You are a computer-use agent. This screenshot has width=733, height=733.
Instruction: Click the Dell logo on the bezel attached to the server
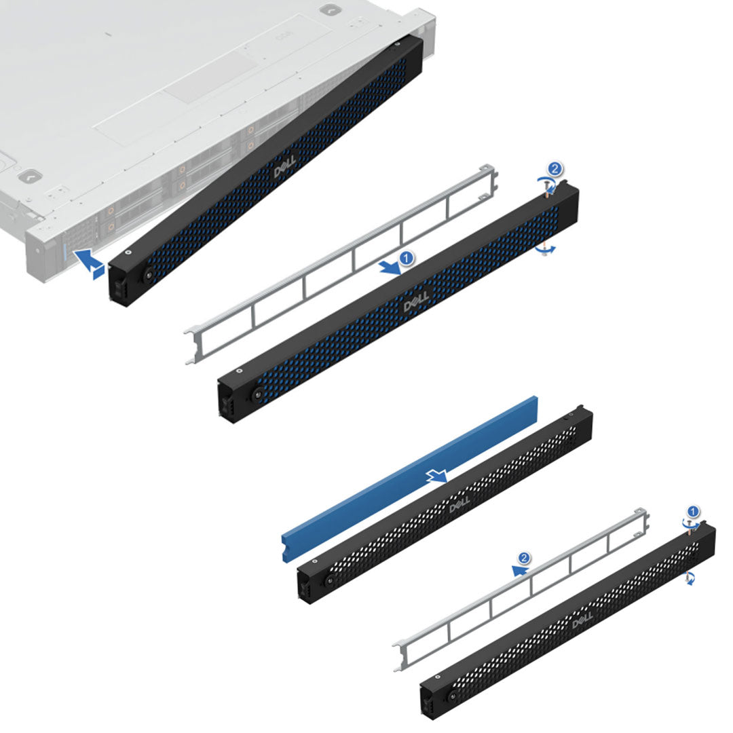[x=285, y=170]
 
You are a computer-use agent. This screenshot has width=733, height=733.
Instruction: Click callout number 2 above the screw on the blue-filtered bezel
[x=555, y=168]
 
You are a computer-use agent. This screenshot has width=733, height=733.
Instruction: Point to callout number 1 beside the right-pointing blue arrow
[x=406, y=259]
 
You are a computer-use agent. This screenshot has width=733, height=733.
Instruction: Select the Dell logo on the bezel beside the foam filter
[x=459, y=505]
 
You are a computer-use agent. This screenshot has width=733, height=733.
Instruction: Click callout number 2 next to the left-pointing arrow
[x=524, y=558]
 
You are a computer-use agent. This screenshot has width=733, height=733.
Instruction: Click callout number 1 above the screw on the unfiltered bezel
[x=692, y=510]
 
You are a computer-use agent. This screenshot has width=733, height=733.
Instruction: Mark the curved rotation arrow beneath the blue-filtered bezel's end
[x=545, y=250]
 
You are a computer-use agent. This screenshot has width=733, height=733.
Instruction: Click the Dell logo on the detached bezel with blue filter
[x=416, y=303]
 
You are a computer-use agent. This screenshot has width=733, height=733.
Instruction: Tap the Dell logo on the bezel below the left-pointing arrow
[x=583, y=620]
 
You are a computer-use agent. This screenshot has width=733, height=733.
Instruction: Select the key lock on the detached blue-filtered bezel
[x=257, y=394]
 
